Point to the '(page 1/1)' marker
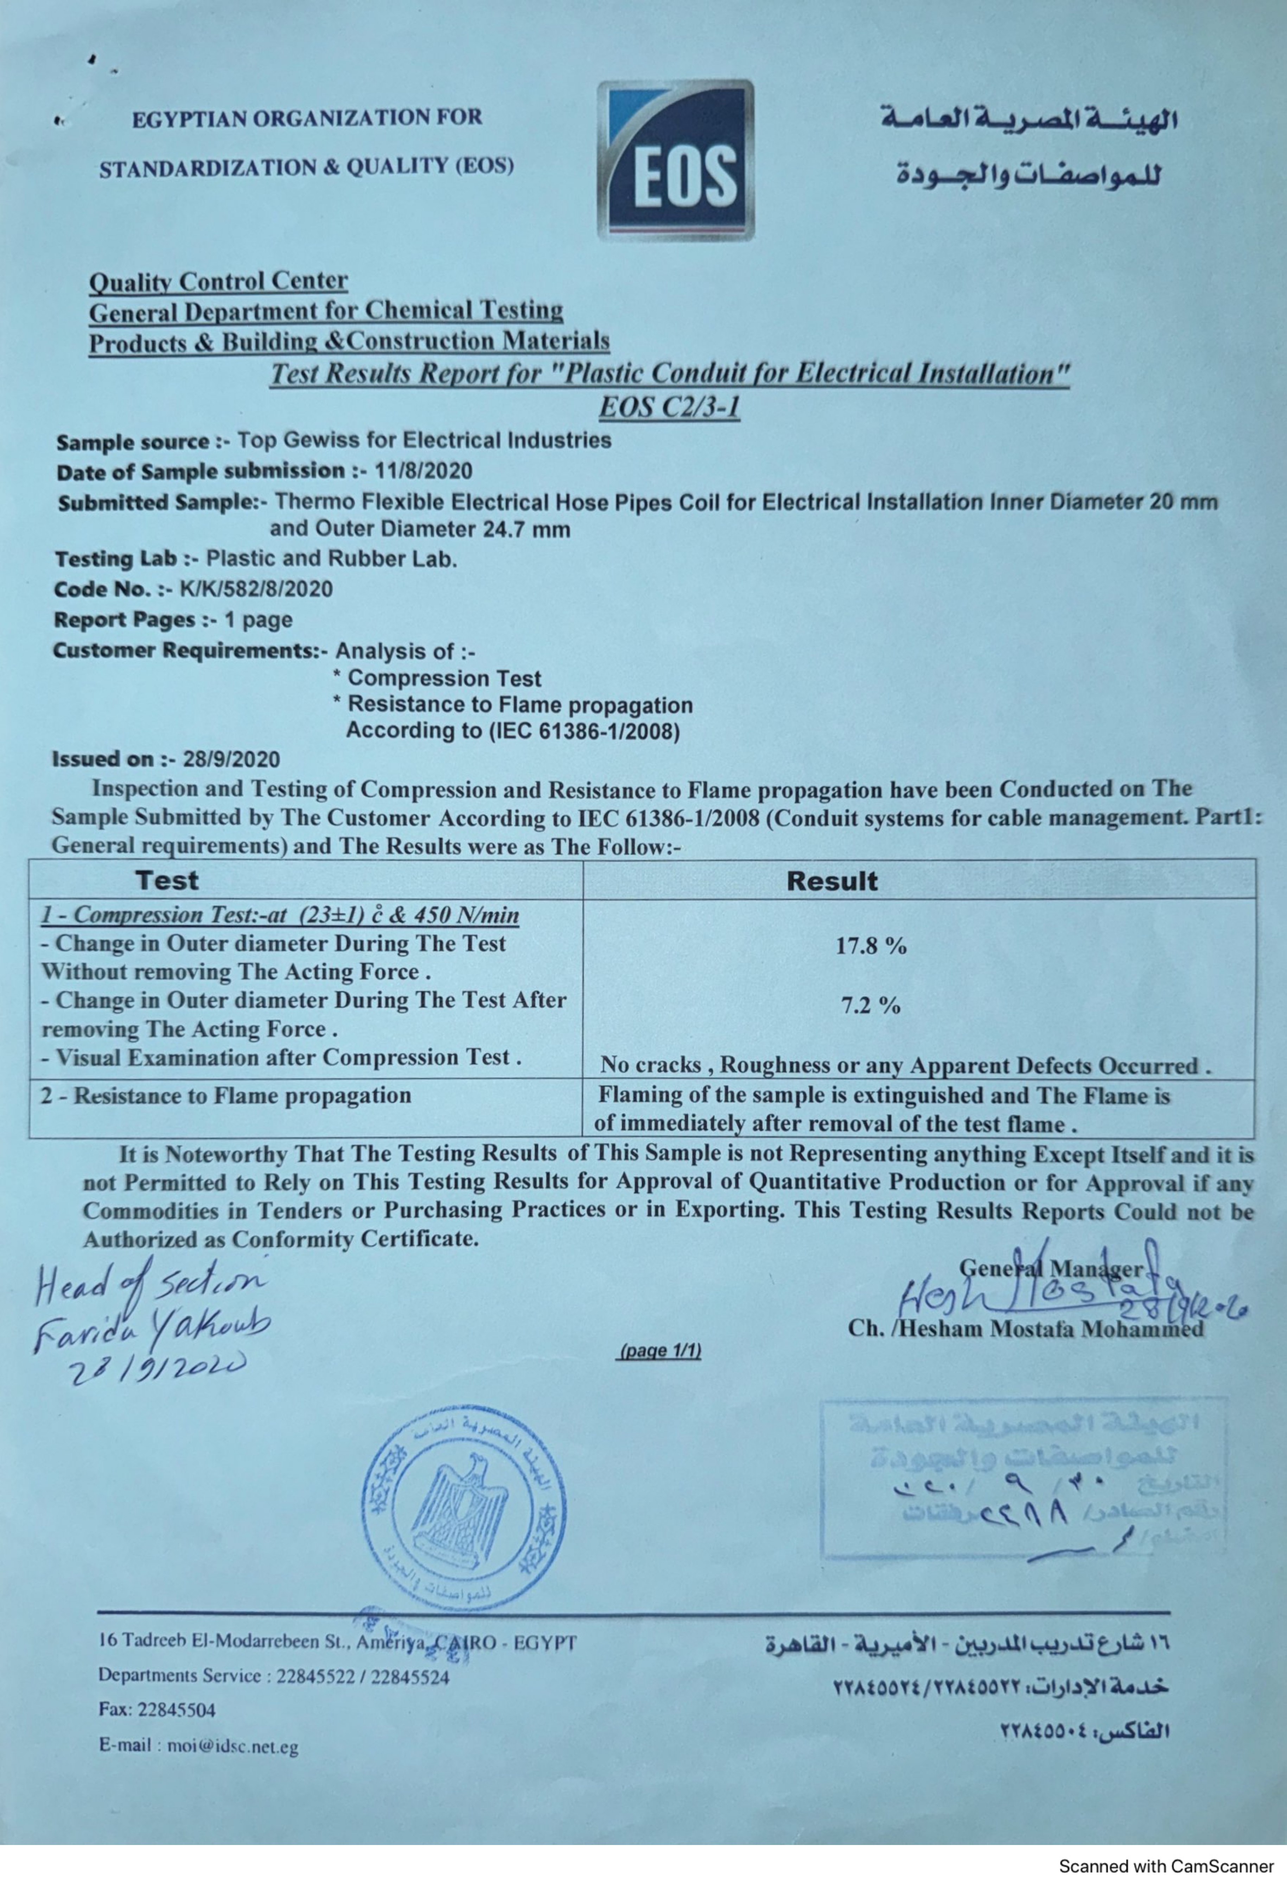(660, 1351)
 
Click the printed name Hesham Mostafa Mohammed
(1025, 1329)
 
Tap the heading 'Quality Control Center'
(219, 281)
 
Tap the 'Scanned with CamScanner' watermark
(1166, 1866)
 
